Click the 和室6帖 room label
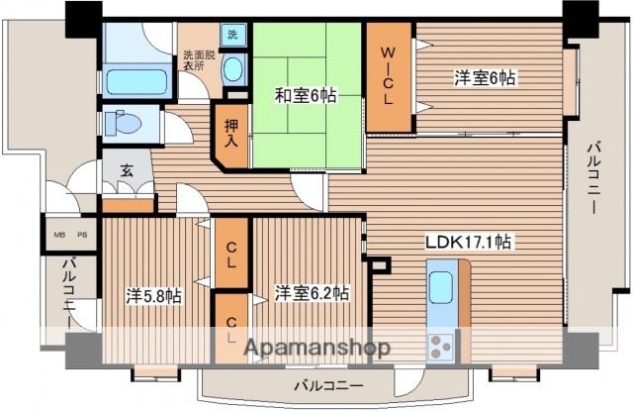click(306, 95)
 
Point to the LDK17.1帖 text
click(469, 242)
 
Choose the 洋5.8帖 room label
click(153, 295)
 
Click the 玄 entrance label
click(128, 169)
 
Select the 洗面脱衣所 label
click(196, 61)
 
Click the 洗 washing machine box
click(231, 36)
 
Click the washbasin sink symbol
click(232, 69)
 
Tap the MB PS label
click(69, 235)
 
